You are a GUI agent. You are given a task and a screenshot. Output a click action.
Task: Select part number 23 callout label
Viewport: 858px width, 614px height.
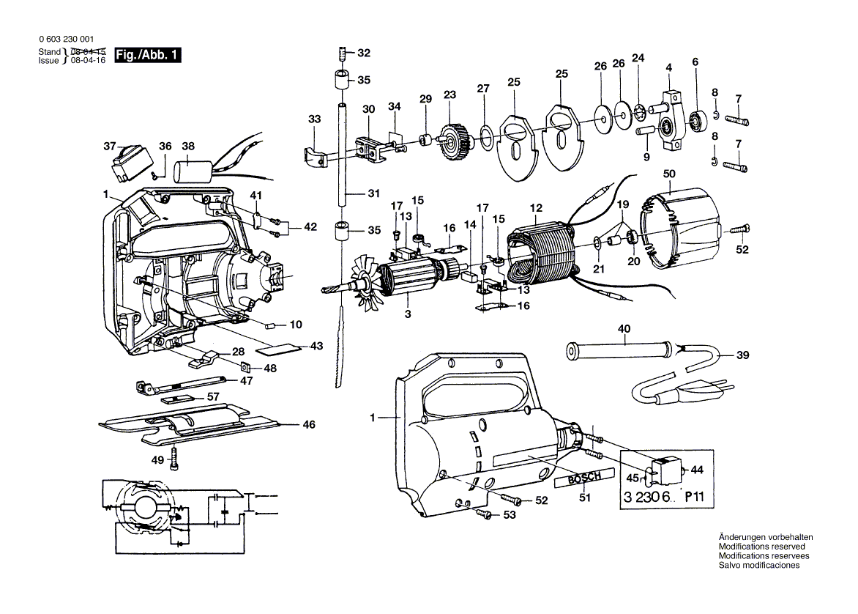point(449,95)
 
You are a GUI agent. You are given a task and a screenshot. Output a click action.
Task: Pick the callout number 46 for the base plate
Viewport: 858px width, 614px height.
point(309,424)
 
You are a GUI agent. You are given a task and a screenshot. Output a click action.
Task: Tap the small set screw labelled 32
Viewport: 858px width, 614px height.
point(343,53)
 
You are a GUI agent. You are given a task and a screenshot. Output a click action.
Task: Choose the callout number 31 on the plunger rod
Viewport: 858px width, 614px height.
point(374,194)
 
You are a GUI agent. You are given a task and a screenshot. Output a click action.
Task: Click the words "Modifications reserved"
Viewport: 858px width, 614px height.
point(761,547)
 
